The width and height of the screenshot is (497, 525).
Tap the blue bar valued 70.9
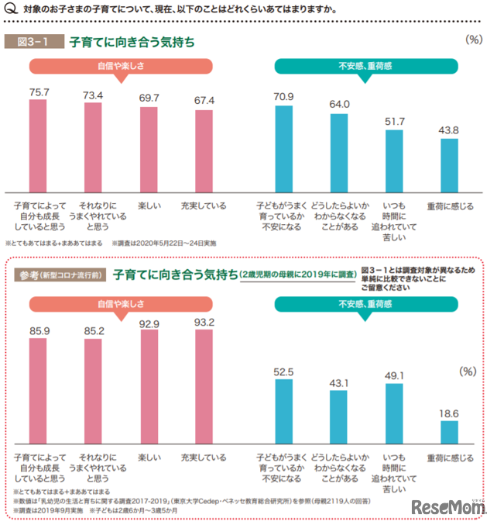[284, 149]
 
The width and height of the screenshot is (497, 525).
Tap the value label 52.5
[284, 371]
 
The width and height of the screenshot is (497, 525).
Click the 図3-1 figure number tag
[33, 42]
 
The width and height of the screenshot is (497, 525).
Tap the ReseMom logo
[448, 508]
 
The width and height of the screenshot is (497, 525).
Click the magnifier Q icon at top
[10, 10]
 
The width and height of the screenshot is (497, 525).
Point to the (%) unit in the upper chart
[471, 38]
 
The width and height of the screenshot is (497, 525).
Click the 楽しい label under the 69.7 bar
[149, 206]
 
